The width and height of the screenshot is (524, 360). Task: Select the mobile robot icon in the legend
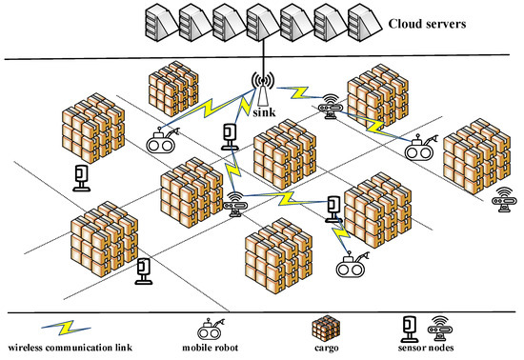[209, 330]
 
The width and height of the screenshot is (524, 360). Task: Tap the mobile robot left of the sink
[164, 141]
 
